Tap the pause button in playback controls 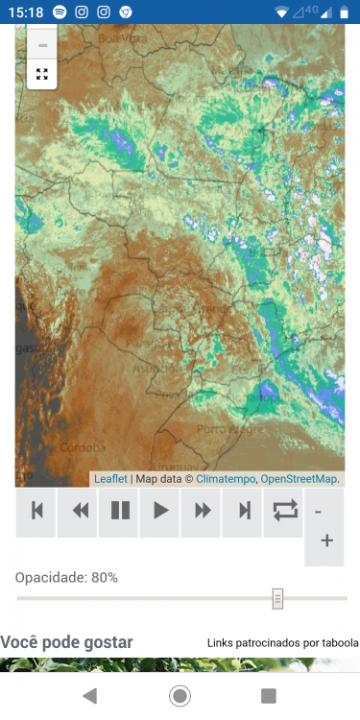point(120,511)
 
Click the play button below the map point(160,511)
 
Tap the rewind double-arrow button point(79,511)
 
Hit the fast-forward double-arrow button point(203,511)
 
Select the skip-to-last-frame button point(244,511)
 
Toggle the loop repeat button point(285,511)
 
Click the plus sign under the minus point(326,541)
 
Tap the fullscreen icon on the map point(42,74)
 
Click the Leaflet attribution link point(110,478)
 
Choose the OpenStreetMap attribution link point(299,478)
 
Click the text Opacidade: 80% point(66,577)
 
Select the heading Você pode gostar point(66,642)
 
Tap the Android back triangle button point(89,695)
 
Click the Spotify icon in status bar point(60,12)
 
